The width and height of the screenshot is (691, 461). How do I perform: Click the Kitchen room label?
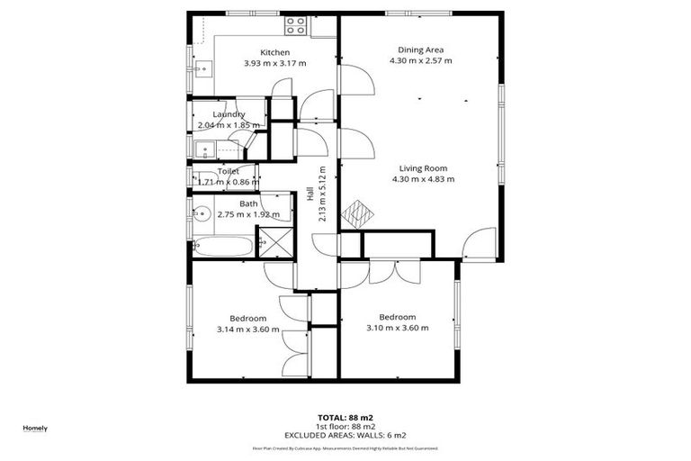click(274, 52)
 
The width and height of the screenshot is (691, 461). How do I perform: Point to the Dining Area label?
click(421, 50)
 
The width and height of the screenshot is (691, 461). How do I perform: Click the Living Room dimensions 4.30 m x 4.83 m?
click(423, 179)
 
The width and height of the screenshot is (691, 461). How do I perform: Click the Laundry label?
click(229, 114)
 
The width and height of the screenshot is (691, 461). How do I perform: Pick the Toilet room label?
click(231, 170)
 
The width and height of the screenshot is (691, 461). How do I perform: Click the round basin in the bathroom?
click(201, 214)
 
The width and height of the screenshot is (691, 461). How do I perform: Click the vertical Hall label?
click(310, 208)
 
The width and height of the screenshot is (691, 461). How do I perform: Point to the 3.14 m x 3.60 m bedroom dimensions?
click(247, 330)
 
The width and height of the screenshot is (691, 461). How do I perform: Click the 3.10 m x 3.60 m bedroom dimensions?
click(397, 328)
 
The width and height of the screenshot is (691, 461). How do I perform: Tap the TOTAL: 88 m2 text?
click(345, 418)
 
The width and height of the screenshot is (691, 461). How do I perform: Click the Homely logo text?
click(35, 428)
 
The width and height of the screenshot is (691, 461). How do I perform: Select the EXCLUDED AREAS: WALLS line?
click(345, 435)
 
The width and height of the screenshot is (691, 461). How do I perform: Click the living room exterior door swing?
click(480, 241)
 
